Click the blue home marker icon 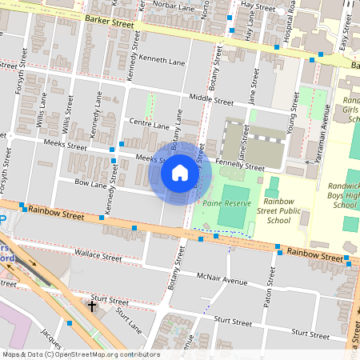pos(180,173)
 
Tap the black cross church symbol pos(92,306)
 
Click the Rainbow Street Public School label pos(288,211)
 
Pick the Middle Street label pos(212,102)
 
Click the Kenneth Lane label pos(162,61)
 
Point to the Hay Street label pos(258,5)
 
